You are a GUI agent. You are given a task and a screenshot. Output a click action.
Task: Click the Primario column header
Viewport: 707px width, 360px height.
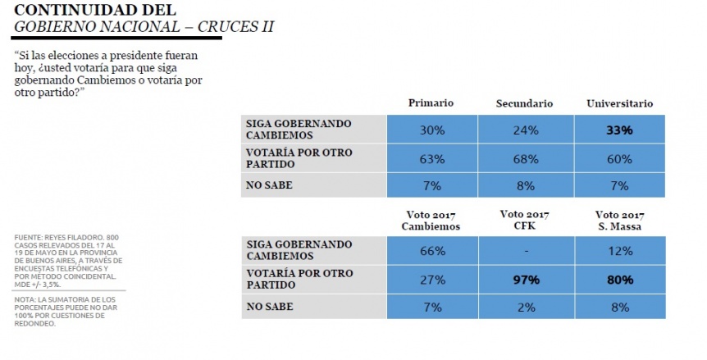point(431,103)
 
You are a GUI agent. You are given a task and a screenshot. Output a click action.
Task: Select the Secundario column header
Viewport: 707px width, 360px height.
point(524,103)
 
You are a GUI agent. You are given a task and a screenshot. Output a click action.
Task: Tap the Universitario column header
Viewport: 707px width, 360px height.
point(619,103)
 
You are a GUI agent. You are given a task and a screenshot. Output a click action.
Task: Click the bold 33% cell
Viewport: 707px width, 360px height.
point(619,130)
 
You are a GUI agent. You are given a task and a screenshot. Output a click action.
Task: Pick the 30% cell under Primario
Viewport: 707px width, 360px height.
point(432,130)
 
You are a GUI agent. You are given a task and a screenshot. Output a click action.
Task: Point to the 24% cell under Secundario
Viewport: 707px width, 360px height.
point(526,130)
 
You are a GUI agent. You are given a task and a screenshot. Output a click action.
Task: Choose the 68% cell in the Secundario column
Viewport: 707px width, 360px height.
point(526,159)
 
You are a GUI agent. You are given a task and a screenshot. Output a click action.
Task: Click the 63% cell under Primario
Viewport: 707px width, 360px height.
point(432,159)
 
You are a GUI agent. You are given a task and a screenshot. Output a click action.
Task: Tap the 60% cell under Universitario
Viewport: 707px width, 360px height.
point(619,159)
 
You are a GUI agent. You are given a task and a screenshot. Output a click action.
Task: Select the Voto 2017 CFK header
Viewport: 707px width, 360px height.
point(524,220)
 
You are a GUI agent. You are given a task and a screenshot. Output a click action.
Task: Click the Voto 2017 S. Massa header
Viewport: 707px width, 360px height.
point(619,221)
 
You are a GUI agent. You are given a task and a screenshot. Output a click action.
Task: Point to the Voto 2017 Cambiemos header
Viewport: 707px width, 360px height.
point(431,221)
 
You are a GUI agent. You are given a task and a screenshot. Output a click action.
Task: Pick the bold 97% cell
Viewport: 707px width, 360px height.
point(527,280)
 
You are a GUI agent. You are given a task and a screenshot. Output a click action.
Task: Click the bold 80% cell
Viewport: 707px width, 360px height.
point(620,280)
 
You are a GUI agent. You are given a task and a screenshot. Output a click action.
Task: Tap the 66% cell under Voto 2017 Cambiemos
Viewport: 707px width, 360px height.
point(432,251)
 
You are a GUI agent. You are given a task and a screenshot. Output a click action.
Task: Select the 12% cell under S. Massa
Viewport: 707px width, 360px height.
point(620,251)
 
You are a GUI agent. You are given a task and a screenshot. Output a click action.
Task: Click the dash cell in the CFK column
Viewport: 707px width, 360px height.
point(527,251)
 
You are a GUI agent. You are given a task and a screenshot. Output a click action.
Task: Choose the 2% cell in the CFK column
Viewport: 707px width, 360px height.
point(527,308)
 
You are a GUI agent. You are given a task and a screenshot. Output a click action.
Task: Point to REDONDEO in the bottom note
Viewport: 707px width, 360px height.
point(35,323)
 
